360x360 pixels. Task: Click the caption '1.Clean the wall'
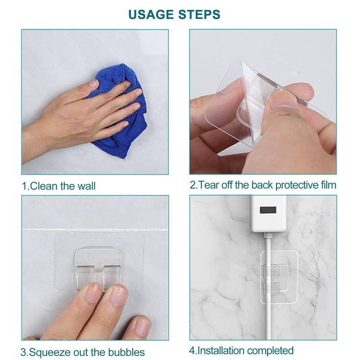click(x=58, y=186)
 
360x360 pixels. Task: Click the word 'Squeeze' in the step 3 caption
click(x=49, y=352)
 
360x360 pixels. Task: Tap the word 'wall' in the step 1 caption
click(x=86, y=186)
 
